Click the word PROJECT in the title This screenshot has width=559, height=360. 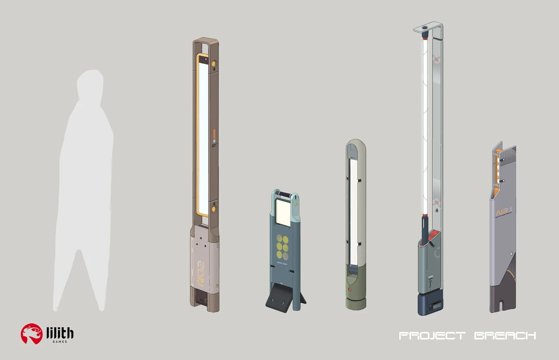(432, 336)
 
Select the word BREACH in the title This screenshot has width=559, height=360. (505, 336)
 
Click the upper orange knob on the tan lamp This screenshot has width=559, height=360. (213, 64)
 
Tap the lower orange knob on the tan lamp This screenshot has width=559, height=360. (213, 209)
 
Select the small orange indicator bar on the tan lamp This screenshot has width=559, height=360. (214, 135)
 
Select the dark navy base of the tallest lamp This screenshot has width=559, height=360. (431, 305)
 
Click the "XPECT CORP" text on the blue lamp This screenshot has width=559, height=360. (282, 263)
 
